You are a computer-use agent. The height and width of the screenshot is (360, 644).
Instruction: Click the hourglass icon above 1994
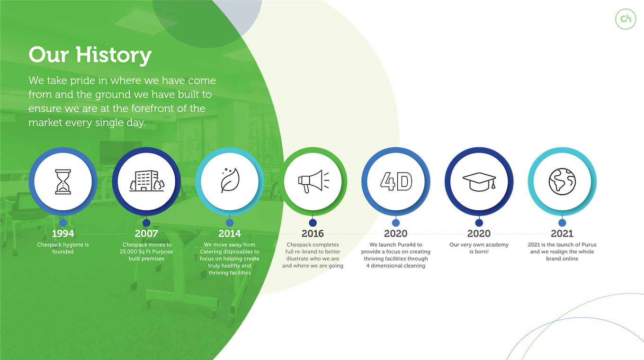63,182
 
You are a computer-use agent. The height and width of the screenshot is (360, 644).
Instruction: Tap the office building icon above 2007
147,181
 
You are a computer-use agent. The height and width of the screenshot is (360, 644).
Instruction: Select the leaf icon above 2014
230,180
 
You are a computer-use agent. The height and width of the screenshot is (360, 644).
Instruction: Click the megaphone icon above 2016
313,181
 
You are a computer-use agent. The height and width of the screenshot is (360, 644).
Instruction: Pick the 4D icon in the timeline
396,181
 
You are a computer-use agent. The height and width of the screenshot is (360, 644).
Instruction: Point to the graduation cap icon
479,182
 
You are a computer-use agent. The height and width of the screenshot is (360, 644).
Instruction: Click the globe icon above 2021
562,182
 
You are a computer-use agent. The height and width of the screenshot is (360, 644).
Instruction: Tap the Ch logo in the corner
626,19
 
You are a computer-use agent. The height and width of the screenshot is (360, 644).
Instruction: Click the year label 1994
63,234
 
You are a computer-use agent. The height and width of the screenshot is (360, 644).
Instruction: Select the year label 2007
146,234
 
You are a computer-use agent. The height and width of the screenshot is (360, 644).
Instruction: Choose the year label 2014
229,234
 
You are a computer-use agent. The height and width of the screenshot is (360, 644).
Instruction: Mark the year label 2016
313,234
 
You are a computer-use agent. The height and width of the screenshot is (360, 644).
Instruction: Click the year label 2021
562,234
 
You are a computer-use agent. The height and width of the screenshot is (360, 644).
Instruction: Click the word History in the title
114,55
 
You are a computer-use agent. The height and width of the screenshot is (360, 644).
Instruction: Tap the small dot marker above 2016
313,223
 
